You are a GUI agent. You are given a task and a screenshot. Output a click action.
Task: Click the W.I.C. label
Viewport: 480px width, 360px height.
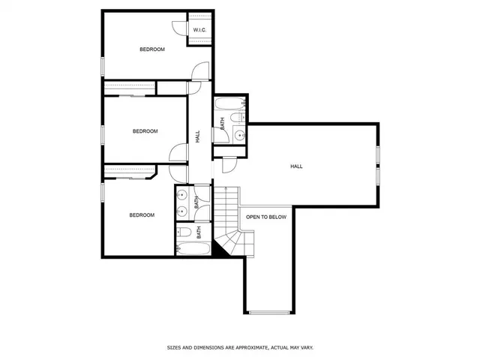199,30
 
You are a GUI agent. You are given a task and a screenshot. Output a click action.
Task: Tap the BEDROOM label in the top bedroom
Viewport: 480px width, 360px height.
151,49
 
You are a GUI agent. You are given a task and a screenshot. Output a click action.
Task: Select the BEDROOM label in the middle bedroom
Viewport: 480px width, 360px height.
145,131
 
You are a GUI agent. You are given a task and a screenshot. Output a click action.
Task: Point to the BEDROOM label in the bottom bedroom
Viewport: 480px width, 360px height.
141,215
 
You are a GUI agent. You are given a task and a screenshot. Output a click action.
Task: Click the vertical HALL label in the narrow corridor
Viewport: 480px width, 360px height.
198,136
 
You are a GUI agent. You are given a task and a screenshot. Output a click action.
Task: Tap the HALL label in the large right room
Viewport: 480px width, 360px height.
296,166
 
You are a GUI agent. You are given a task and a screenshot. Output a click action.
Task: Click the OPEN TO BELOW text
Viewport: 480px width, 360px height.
266,217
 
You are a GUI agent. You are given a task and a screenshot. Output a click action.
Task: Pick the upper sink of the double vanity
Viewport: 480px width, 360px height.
181,196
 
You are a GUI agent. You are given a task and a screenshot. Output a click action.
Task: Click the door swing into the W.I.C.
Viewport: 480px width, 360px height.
179,27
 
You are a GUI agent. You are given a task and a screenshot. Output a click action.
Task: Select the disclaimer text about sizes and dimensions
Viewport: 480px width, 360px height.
240,347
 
